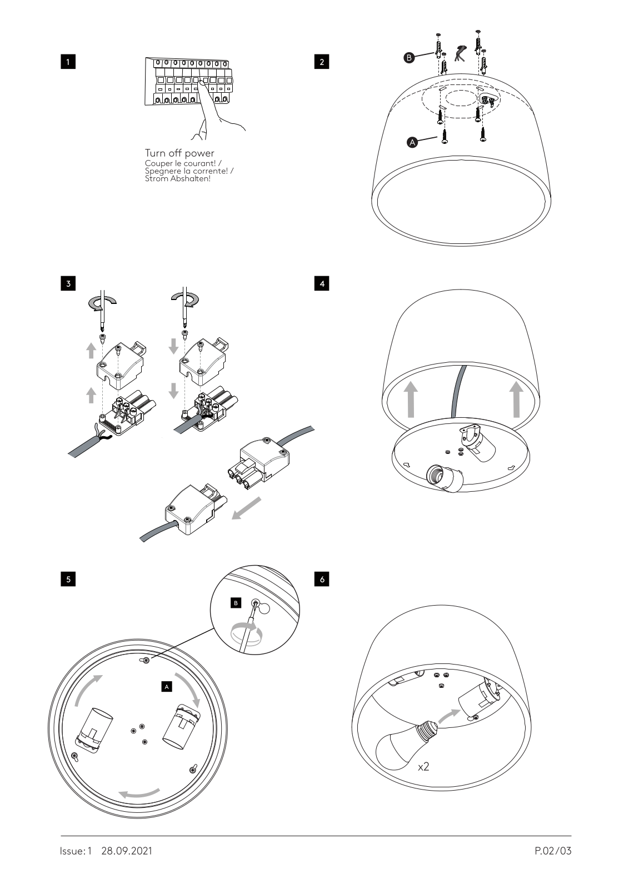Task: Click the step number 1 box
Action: point(68,61)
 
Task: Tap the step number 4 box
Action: point(322,283)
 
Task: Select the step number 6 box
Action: point(322,579)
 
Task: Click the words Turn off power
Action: point(179,153)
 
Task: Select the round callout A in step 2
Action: point(412,143)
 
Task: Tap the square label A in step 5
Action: point(167,687)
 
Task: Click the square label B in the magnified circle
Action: point(236,603)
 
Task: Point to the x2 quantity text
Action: point(423,767)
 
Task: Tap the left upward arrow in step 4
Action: point(410,398)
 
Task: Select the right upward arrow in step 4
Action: point(516,398)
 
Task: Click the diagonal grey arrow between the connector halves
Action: point(246,508)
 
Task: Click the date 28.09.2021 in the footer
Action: point(127,851)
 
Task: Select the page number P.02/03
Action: point(553,851)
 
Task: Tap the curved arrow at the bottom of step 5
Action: point(141,792)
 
